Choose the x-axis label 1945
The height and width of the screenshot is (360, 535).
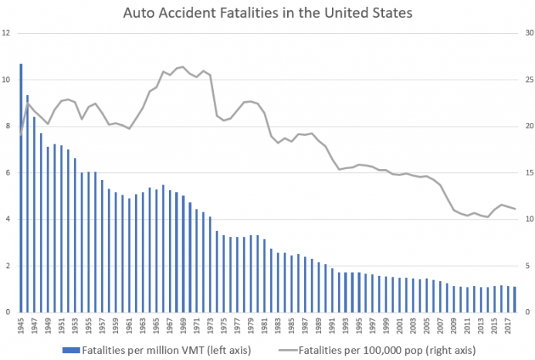pyautogui.click(x=22, y=325)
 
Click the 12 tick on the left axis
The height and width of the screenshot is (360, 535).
pyautogui.click(x=6, y=33)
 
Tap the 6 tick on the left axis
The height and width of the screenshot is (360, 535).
pyautogui.click(x=7, y=173)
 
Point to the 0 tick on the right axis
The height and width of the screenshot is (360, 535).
pyautogui.click(x=527, y=313)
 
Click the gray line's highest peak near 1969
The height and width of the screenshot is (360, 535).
pyautogui.click(x=182, y=66)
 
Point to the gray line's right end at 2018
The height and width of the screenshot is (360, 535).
pyautogui.click(x=515, y=209)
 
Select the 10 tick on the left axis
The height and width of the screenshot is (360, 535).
pyautogui.click(x=6, y=80)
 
